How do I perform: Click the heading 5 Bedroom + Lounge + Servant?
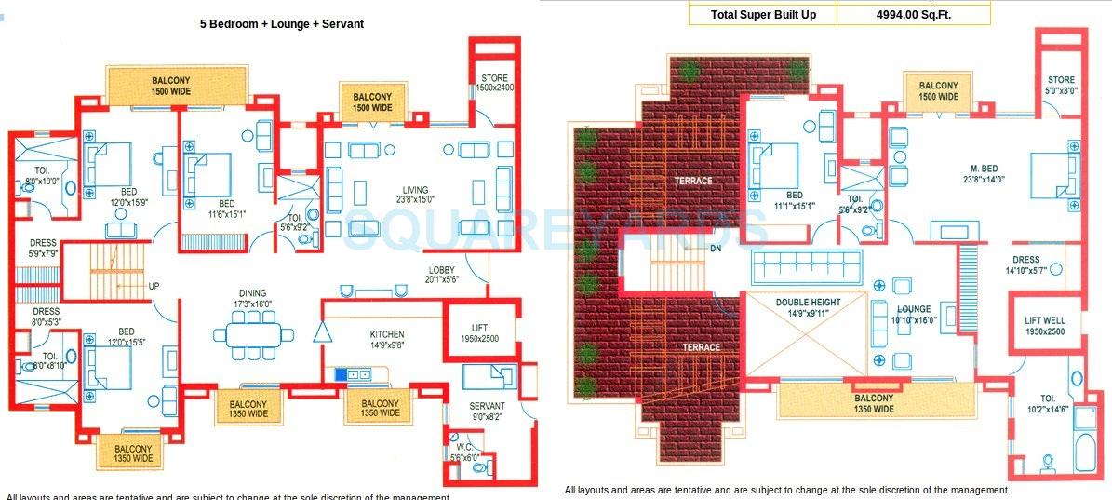(281, 24)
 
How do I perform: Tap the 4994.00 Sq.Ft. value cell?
(914, 14)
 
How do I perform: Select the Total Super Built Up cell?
(763, 14)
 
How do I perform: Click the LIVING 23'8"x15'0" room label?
(415, 196)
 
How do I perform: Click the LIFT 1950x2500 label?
(480, 333)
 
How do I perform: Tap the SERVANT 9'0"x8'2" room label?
(487, 412)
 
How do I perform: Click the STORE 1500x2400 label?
(496, 82)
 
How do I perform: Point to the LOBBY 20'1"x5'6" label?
(442, 276)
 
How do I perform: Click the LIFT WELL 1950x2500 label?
(1045, 326)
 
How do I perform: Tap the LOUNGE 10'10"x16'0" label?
(914, 315)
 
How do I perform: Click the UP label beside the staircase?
(154, 286)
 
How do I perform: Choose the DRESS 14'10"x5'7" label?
(1026, 265)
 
